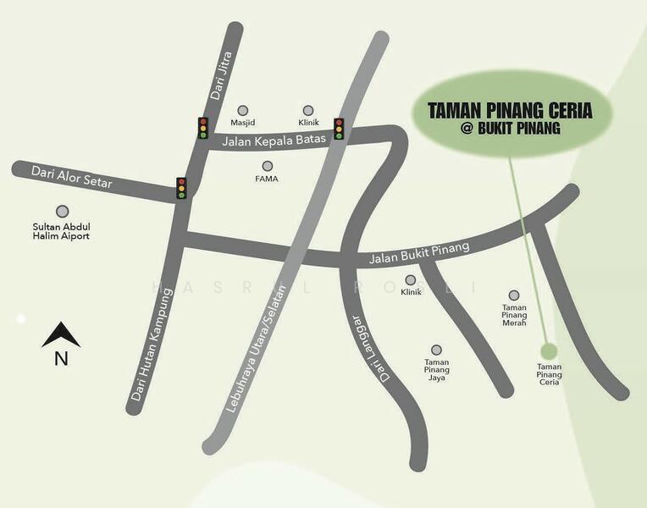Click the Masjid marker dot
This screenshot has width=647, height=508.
point(243,110)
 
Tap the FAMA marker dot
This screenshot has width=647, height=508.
point(268,166)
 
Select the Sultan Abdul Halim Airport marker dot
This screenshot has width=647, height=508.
point(61,212)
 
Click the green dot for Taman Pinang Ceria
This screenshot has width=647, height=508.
point(549,351)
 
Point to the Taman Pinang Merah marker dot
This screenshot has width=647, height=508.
point(514,295)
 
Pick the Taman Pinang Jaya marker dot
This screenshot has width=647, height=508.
point(436,350)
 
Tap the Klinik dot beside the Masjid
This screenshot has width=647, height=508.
point(308,110)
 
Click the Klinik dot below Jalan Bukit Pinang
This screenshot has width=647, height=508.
point(411,280)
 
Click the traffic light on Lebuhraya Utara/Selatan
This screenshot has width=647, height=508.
point(339,129)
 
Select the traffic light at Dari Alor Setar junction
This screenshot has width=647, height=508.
point(181,188)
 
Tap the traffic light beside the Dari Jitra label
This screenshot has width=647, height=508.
point(203,128)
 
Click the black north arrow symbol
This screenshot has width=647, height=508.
point(61,336)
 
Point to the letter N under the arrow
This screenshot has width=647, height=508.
point(61,359)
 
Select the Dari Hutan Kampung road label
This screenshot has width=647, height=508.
point(153,345)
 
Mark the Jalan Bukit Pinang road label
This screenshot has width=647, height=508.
point(418,253)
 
